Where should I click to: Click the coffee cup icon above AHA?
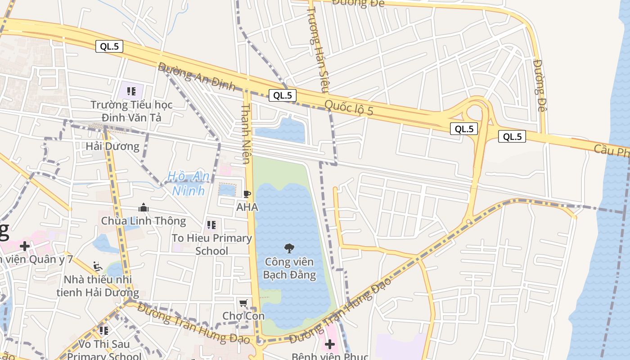(x=247, y=194)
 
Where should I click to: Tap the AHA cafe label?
(x=247, y=207)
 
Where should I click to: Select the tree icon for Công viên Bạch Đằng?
(x=289, y=248)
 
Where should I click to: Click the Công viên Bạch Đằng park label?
(x=289, y=268)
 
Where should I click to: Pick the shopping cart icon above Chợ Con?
(x=243, y=303)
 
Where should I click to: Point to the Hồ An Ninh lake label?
(x=189, y=183)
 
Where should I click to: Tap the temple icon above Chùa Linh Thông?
(x=144, y=207)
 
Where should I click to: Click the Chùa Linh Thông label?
(x=144, y=221)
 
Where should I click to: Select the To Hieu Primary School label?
(x=211, y=244)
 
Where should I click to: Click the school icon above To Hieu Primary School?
(x=211, y=225)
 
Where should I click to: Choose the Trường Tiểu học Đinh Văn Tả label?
(x=131, y=111)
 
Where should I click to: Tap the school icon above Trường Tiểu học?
(x=131, y=92)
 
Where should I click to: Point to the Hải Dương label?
(x=112, y=146)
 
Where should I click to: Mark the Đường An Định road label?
(x=196, y=76)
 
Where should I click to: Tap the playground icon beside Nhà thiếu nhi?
(x=98, y=266)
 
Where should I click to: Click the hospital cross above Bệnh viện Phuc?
(x=329, y=344)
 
